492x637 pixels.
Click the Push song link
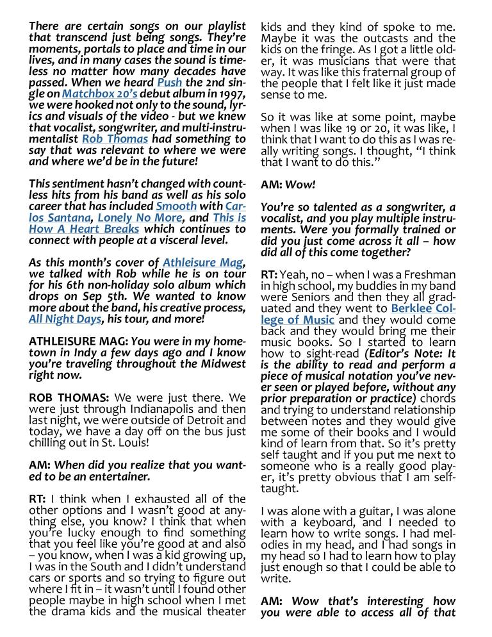click(x=170, y=83)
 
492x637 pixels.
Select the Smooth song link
click(x=176, y=206)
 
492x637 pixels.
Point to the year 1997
click(x=232, y=94)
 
